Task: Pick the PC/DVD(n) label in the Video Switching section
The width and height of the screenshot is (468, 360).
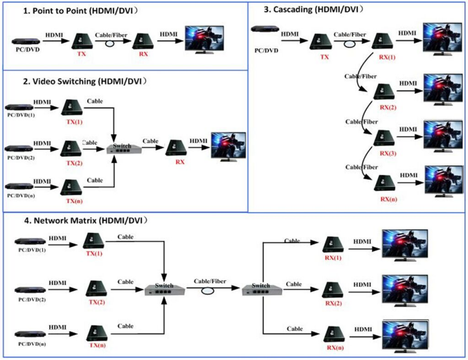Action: pyautogui.click(x=21, y=195)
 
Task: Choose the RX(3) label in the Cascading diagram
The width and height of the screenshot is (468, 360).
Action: pyautogui.click(x=388, y=152)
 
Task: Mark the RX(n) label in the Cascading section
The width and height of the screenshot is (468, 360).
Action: pyautogui.click(x=388, y=199)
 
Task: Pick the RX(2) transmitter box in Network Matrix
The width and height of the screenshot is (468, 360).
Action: pyautogui.click(x=333, y=290)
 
